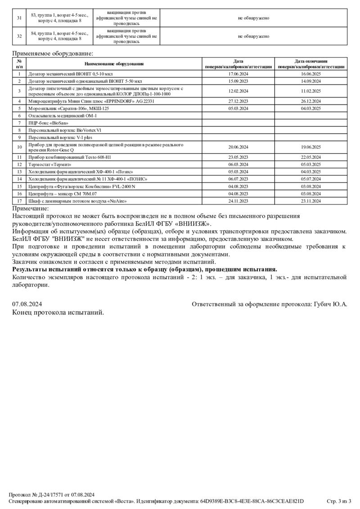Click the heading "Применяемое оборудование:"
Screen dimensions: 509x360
pyautogui.click(x=46, y=54)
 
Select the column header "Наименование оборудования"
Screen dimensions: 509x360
pyautogui.click(x=114, y=64)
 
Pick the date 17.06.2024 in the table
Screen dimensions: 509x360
pyautogui.click(x=238, y=74)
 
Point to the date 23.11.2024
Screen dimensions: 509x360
pyautogui.click(x=310, y=201)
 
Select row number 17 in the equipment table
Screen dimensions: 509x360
pyautogui.click(x=19, y=201)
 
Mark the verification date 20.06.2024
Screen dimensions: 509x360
pyautogui.click(x=238, y=147)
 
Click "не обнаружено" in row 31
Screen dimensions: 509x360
pyautogui.click(x=254, y=18)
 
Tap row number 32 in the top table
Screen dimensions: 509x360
pyautogui.click(x=19, y=36)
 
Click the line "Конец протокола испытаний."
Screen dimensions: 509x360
pyautogui.click(x=58, y=313)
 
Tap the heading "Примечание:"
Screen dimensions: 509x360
pyautogui.click(x=30, y=208)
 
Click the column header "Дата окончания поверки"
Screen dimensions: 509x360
pyautogui.click(x=310, y=64)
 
